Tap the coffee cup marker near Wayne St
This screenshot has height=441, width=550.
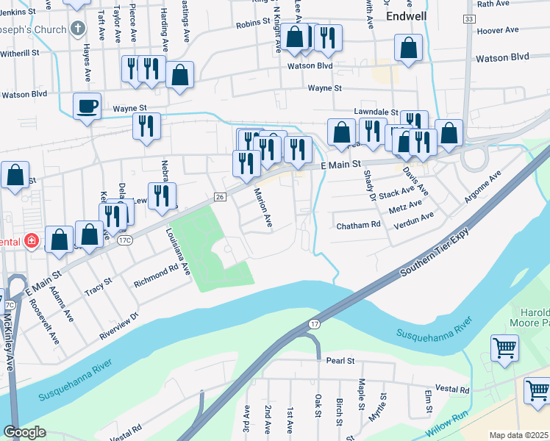[x=87, y=105]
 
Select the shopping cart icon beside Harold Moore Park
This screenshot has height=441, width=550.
[x=504, y=347]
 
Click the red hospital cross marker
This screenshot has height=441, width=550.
[x=31, y=240]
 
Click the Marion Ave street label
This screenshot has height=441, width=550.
[x=262, y=209]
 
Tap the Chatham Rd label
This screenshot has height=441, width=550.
[x=359, y=225]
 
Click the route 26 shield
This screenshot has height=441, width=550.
[x=219, y=197]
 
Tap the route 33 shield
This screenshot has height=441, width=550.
[x=469, y=18]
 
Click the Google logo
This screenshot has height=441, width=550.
[x=24, y=432]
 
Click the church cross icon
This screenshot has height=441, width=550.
[x=78, y=30]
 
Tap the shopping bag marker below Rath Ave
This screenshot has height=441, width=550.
[x=408, y=49]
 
